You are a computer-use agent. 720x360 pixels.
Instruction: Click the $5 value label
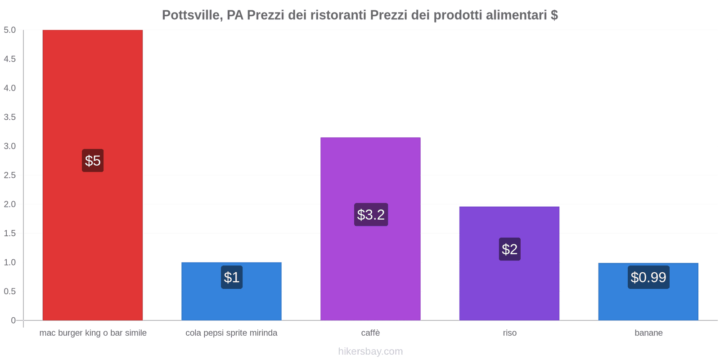pyautogui.click(x=93, y=161)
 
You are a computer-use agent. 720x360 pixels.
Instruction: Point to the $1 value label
pyautogui.click(x=232, y=277)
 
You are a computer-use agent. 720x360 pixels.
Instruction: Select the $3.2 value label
pyautogui.click(x=371, y=215)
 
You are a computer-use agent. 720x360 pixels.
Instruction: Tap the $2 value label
pyautogui.click(x=509, y=249)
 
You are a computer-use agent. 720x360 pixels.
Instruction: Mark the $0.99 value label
pyautogui.click(x=648, y=277)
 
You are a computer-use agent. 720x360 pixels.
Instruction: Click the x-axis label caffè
pyautogui.click(x=370, y=333)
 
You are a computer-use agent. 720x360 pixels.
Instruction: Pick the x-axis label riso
pyautogui.click(x=509, y=333)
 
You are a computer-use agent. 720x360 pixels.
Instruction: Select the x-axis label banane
pyautogui.click(x=648, y=333)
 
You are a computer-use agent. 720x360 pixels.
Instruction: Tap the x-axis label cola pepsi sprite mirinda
pyautogui.click(x=231, y=333)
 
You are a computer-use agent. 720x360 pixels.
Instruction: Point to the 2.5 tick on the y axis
pyautogui.click(x=10, y=175)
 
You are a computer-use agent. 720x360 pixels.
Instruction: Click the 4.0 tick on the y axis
pyautogui.click(x=10, y=88)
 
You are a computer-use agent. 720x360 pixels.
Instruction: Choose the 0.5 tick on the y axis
pyautogui.click(x=10, y=291)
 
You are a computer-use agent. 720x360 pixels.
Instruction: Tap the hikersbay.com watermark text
pyautogui.click(x=370, y=351)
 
